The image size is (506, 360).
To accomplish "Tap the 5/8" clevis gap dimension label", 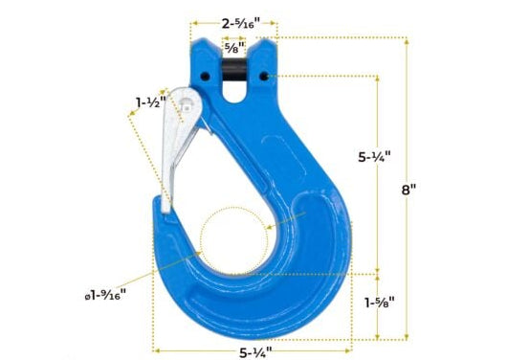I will pos(233,45).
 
